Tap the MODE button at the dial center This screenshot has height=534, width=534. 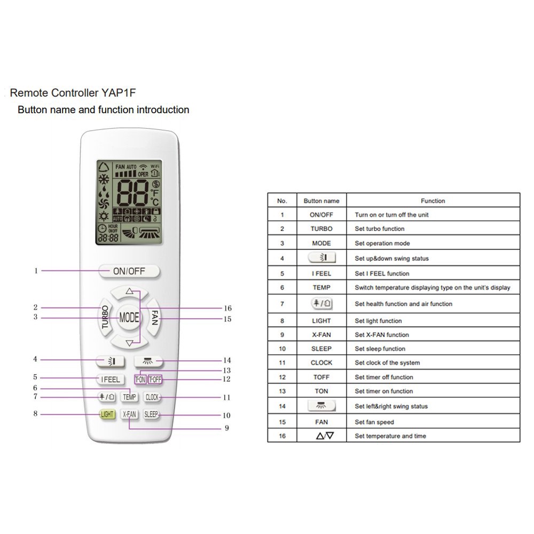(129, 317)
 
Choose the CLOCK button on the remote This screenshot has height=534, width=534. (152, 397)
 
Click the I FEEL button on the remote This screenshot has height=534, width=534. (111, 380)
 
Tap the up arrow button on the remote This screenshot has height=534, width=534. (129, 292)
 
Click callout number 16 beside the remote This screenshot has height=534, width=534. (227, 308)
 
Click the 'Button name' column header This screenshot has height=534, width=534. (321, 201)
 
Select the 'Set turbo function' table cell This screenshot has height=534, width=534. (380, 229)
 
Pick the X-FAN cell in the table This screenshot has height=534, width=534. (321, 335)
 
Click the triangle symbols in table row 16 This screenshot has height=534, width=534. (325, 436)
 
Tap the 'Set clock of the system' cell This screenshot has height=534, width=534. (387, 363)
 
